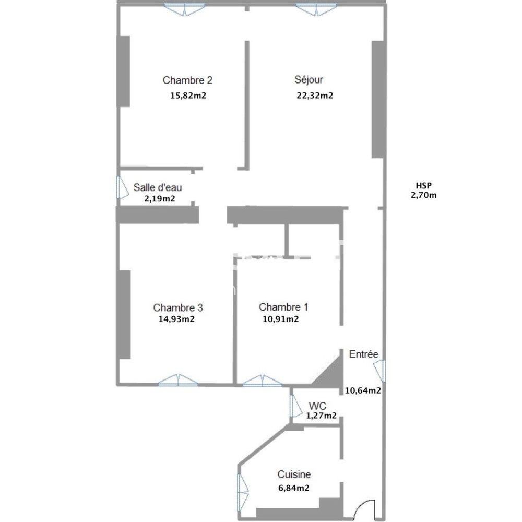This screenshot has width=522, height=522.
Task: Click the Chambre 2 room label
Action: (187, 80)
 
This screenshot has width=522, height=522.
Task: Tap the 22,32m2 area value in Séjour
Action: (315, 96)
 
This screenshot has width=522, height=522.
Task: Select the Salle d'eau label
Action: (158, 187)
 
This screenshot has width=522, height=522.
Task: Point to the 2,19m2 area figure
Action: (159, 199)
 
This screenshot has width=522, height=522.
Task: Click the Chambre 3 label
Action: (178, 307)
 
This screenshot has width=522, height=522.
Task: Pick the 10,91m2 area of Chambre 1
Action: (281, 319)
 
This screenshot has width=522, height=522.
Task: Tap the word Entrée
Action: (363, 354)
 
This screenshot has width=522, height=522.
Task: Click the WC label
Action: (317, 406)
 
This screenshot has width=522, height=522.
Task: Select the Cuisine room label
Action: (294, 474)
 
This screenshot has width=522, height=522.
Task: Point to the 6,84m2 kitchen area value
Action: (293, 488)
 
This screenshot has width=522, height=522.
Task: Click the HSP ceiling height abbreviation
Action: (424, 186)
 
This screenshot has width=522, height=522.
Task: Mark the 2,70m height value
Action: (423, 195)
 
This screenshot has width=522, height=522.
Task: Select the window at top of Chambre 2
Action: (184, 9)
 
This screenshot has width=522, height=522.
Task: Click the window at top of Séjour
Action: (316, 9)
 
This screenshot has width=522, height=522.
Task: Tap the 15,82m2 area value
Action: (188, 96)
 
